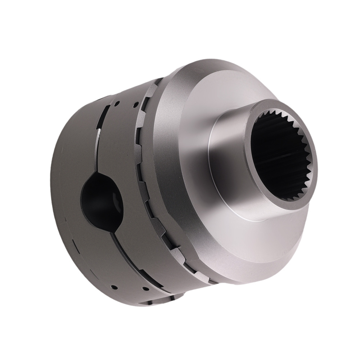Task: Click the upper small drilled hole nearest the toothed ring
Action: click(x=136, y=105)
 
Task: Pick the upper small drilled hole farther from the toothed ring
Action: click(x=117, y=104)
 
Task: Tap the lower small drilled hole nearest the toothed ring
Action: click(x=145, y=289)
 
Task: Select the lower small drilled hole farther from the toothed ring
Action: click(x=114, y=287)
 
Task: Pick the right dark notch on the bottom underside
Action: click(x=172, y=298)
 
